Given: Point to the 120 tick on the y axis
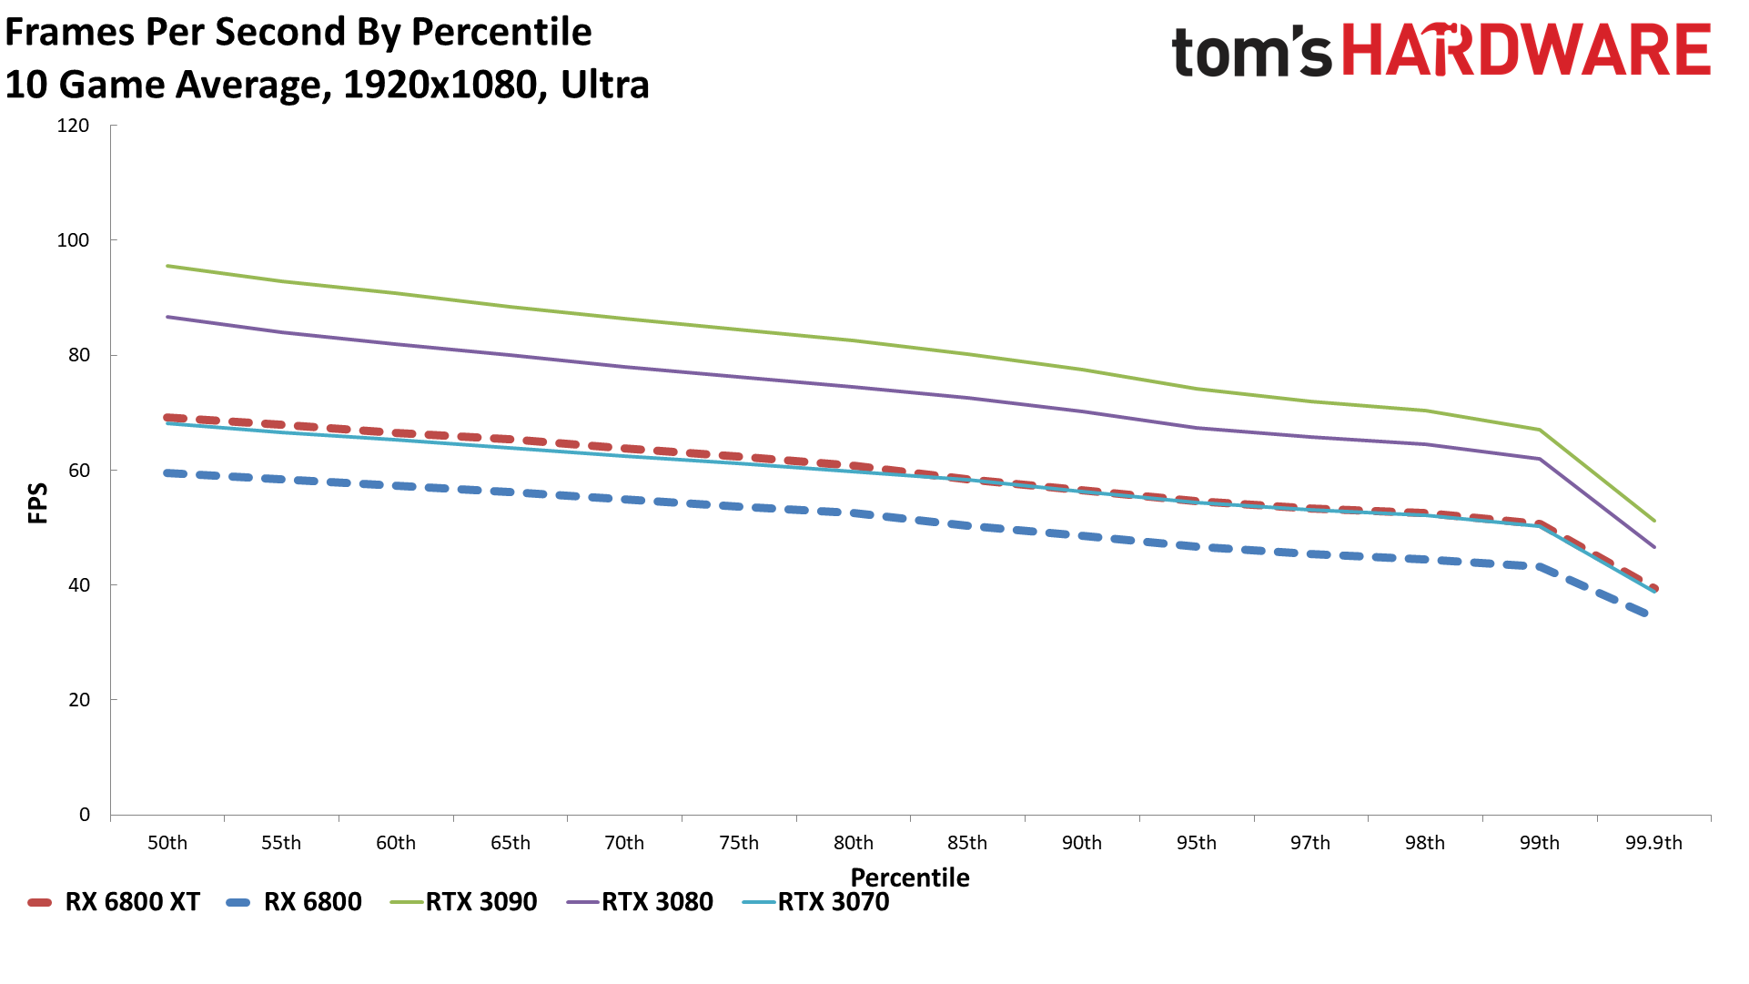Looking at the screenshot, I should pyautogui.click(x=73, y=126).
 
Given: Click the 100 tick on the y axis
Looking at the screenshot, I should pyautogui.click(x=73, y=240).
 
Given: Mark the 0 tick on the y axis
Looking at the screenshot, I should pyautogui.click(x=85, y=815).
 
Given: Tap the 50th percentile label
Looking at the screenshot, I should pyautogui.click(x=167, y=843).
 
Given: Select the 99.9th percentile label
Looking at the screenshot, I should pyautogui.click(x=1653, y=843).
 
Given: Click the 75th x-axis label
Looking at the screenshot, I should pyautogui.click(x=739, y=843).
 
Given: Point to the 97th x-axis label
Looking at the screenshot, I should pyautogui.click(x=1310, y=843).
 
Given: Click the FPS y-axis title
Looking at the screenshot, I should pyautogui.click(x=38, y=503).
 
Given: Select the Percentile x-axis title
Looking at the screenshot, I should pyautogui.click(x=910, y=877).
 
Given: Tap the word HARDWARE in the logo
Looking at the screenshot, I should pyautogui.click(x=1527, y=51).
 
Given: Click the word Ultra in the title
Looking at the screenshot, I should pyautogui.click(x=605, y=85).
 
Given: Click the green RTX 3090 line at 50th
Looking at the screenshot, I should pyautogui.click(x=167, y=266).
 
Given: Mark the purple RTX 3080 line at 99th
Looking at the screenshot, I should pyautogui.click(x=1540, y=459).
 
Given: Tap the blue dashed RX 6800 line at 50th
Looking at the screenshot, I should pyautogui.click(x=167, y=472).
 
